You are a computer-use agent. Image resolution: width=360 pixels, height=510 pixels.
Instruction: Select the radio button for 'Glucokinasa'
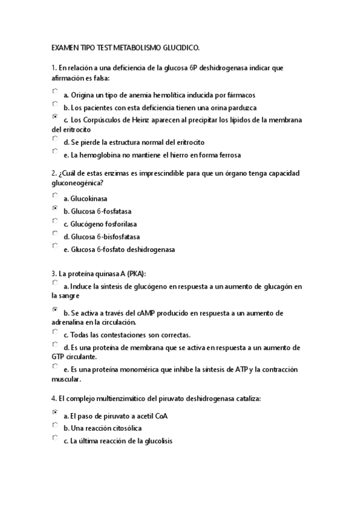coord(55,195)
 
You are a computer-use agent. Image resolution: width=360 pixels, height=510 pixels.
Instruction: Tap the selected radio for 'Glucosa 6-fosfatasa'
coord(55,208)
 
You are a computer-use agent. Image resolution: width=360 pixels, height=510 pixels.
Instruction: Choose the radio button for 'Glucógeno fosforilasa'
coord(55,221)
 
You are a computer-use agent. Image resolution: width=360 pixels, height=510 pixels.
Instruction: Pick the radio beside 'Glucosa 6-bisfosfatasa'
coord(55,234)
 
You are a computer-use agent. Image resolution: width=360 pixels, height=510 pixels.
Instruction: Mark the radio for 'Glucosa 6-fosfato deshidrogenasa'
coord(55,247)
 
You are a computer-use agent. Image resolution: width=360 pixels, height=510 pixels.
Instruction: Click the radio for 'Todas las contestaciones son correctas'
coord(55,332)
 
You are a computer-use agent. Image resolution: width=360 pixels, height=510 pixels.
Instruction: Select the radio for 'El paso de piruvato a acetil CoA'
coord(55,413)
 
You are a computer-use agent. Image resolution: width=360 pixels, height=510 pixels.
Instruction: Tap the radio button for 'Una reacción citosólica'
coord(55,425)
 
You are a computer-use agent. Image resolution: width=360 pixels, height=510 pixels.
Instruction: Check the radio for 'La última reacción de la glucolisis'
coord(55,438)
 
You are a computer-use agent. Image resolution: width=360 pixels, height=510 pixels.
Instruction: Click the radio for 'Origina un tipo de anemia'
coord(55,92)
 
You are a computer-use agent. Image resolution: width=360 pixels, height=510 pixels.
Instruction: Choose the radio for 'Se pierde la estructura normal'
coord(55,140)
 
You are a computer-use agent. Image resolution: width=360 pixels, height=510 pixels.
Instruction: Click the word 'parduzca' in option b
coord(241,108)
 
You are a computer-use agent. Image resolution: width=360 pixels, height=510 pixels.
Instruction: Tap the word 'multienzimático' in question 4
coord(118,399)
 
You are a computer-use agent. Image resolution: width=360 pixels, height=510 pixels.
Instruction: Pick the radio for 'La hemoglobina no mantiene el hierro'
coord(55,152)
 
